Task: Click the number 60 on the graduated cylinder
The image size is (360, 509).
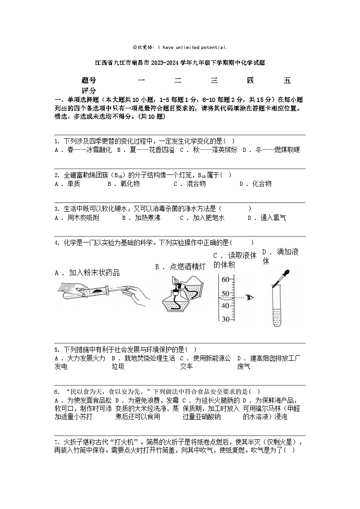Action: click(x=225, y=280)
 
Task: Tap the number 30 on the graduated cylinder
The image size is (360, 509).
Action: click(x=225, y=319)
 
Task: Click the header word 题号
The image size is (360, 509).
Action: click(x=89, y=81)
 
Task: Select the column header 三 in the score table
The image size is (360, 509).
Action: click(x=214, y=81)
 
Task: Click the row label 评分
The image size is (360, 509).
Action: click(x=89, y=91)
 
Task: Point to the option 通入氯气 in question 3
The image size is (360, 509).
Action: click(x=273, y=218)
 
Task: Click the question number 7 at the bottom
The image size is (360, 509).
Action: click(x=56, y=442)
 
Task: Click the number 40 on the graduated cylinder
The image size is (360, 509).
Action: click(x=225, y=305)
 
